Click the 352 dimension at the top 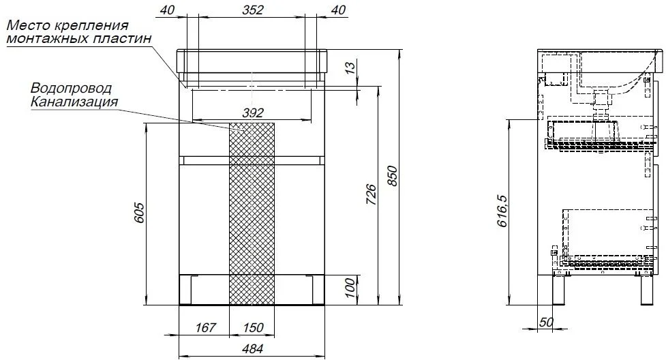pos(253,10)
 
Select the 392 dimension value pos(253,113)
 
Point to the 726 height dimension pos(370,195)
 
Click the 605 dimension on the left pos(139,213)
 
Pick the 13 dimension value pos(349,68)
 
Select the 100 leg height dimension pos(349,288)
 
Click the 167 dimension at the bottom pos(206,328)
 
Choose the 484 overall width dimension pos(252,349)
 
